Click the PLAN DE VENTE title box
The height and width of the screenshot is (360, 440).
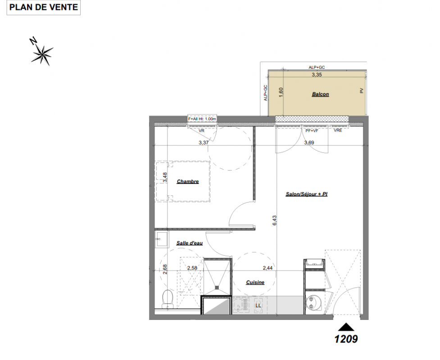pos(44,7)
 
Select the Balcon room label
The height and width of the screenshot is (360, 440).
pos(320,94)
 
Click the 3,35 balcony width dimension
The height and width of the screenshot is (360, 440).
pos(317,75)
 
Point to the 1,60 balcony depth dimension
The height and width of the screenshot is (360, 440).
pos(281,93)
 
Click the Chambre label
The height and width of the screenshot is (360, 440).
pos(188,181)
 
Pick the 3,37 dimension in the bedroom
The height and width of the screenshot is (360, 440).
pos(204,143)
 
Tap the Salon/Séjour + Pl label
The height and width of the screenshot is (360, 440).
pos(306,194)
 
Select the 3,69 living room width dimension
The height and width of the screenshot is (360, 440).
pos(309,143)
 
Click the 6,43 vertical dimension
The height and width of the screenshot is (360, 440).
pos(274,220)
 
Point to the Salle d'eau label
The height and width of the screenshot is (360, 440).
pos(190,243)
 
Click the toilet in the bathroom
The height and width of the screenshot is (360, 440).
pos(168,298)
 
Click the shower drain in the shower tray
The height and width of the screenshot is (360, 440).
pos(217,287)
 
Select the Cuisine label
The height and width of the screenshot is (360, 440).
pos(255,282)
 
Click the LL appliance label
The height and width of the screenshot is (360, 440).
pos(258,306)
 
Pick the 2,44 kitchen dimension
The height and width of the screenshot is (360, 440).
pos(268,268)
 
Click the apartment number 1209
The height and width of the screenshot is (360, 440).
pos(346,339)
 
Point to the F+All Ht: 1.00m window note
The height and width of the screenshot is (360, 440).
pos(202,119)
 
